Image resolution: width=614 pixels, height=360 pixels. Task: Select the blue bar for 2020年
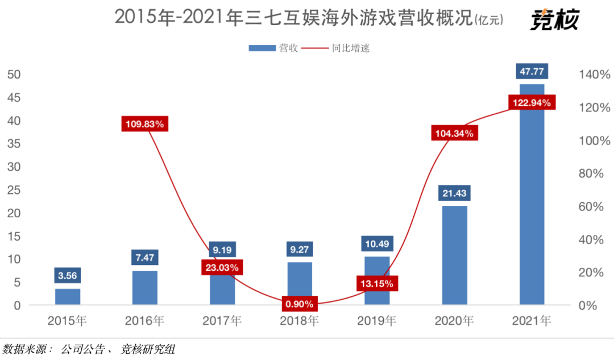(x=454, y=256)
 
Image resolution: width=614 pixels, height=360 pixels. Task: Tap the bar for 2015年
(x=68, y=297)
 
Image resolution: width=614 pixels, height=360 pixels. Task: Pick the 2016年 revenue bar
(x=145, y=288)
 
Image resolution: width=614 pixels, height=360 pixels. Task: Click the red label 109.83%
(x=145, y=123)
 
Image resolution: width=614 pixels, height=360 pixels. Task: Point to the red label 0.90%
(x=300, y=304)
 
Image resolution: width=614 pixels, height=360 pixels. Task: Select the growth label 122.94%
(x=531, y=103)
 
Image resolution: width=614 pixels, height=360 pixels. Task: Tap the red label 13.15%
(x=377, y=283)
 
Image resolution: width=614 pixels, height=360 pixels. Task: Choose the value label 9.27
(x=300, y=249)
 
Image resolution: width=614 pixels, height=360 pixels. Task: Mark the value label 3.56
(x=68, y=275)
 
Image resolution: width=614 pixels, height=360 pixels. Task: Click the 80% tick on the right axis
(x=591, y=173)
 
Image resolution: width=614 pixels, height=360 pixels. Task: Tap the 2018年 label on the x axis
(x=300, y=321)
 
